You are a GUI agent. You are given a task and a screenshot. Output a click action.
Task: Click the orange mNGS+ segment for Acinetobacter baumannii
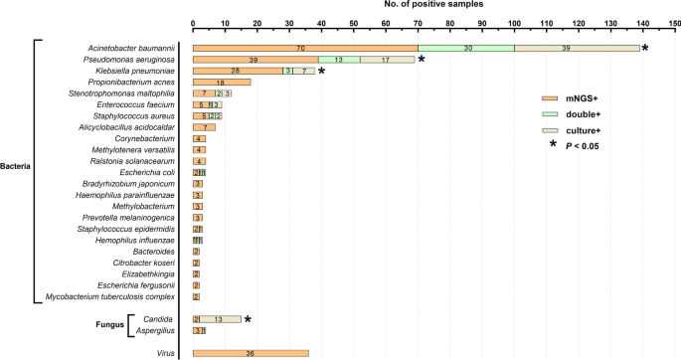click(304, 47)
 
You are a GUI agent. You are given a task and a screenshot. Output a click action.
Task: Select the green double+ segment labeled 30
click(465, 47)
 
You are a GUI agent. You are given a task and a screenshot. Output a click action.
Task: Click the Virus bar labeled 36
click(251, 353)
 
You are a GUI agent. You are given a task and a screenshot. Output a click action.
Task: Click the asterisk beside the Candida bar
click(249, 319)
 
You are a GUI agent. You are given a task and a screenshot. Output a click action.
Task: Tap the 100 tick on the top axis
click(514, 21)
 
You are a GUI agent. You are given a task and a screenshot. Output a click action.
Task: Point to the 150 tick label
click(674, 21)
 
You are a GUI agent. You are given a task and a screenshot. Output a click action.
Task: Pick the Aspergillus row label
click(157, 330)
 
